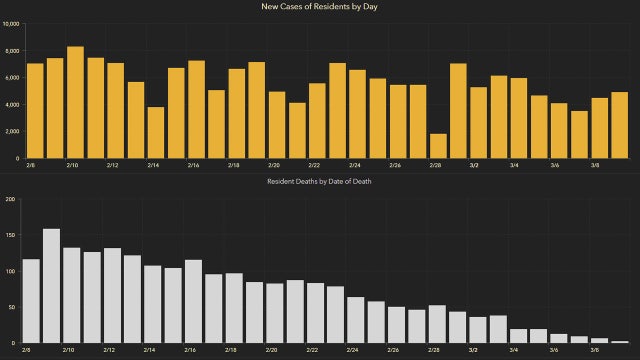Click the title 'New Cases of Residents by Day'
pos(320,8)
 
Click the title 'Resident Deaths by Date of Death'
pos(320,182)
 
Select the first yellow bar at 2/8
pos(35,110)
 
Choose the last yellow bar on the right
pos(619,125)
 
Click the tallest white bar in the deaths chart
pos(51,286)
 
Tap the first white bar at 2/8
pos(31,301)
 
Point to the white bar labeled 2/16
pos(193,301)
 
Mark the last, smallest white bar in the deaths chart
pos(619,342)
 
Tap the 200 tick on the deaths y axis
pos(11,199)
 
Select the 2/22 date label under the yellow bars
pos(314,166)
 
